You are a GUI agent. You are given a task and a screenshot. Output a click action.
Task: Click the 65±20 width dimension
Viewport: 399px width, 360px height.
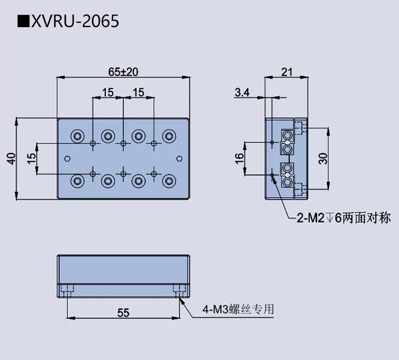pos(123,71)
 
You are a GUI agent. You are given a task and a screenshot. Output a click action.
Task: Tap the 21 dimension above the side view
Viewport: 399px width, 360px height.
pos(287,71)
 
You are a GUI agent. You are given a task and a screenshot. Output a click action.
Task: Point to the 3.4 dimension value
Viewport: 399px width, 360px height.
pos(242,92)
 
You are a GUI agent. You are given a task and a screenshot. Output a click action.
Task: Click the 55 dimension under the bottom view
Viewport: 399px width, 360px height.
pos(123,313)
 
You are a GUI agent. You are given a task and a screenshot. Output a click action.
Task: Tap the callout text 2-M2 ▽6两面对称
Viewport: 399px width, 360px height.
pos(343,218)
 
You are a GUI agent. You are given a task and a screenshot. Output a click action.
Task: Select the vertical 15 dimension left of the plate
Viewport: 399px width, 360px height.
pos(32,158)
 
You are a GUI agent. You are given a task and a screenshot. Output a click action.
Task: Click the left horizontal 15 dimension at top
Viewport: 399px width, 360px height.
pos(108,92)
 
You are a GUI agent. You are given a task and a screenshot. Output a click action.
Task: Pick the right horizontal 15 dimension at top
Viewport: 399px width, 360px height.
pos(138,92)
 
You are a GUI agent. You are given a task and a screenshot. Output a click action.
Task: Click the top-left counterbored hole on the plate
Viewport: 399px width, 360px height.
pos(77,135)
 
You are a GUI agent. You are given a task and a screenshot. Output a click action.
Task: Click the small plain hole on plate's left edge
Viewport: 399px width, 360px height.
pos(68,158)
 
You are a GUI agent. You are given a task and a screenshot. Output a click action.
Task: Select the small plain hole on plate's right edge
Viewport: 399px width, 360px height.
pos(178,158)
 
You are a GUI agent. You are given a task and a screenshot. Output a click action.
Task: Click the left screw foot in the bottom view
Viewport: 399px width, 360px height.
pos(67,289)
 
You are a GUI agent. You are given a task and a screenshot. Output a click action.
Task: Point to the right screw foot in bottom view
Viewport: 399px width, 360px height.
pos(180,289)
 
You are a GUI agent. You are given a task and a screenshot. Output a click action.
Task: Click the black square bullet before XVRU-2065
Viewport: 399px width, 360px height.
pos(23,22)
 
